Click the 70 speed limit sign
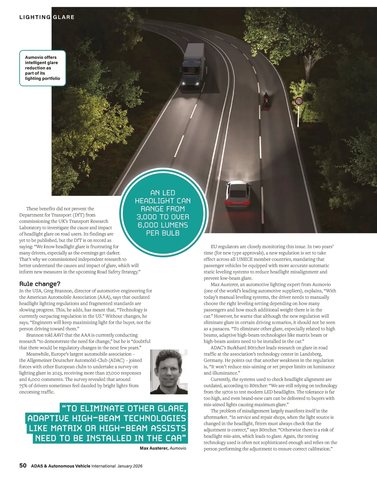(x=299, y=101)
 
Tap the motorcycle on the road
(x=266, y=100)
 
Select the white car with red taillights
(x=238, y=194)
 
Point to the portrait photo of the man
(x=169, y=372)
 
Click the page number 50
(x=23, y=466)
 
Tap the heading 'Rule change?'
(x=40, y=284)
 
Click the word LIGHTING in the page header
(x=35, y=17)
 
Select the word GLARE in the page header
(x=64, y=17)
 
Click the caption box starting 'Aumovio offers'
(x=43, y=68)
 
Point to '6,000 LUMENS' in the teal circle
(x=163, y=225)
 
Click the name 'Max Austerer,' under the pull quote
(x=154, y=448)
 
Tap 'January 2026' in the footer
(x=130, y=466)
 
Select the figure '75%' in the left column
(x=24, y=386)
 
